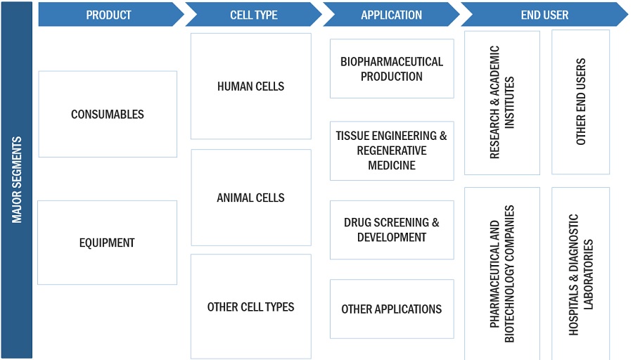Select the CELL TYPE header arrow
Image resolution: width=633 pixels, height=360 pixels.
(253, 15)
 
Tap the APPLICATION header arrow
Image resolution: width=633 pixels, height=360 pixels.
(391, 15)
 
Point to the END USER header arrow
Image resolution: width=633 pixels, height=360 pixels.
(544, 15)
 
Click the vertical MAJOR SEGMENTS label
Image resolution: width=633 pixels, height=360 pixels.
(17, 180)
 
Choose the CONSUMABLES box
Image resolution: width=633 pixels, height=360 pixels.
(108, 114)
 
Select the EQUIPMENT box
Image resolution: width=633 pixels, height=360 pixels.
(107, 243)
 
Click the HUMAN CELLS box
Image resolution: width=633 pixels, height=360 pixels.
(251, 86)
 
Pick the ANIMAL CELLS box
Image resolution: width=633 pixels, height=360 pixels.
(251, 198)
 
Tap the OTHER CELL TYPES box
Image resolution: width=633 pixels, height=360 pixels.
(251, 307)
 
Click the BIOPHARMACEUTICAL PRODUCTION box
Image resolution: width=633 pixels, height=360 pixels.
(392, 69)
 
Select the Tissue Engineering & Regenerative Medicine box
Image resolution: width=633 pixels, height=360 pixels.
(392, 150)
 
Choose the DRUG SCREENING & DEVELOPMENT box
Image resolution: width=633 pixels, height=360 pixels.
(392, 230)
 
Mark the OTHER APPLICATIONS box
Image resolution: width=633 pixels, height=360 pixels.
(392, 309)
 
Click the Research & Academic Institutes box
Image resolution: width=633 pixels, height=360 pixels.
(502, 103)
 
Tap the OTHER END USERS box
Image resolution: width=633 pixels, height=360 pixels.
(581, 103)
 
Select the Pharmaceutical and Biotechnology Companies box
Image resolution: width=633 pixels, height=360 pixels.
(502, 274)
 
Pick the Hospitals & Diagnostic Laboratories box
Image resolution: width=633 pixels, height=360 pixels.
(581, 274)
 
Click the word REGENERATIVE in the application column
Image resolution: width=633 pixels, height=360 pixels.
(392, 150)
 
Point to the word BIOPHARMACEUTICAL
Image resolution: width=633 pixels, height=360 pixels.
(392, 62)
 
